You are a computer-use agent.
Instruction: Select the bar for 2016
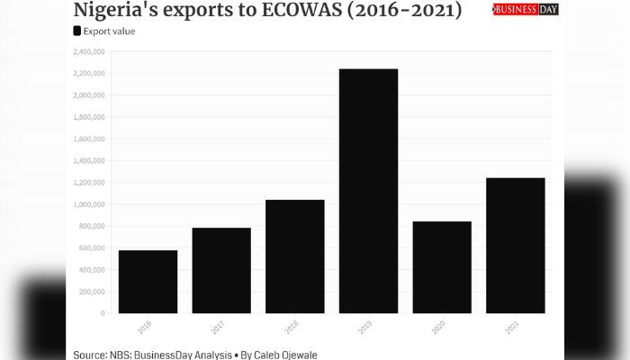click(x=148, y=282)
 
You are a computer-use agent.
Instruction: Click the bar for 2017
click(x=221, y=270)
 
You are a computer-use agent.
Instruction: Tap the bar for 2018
click(x=295, y=256)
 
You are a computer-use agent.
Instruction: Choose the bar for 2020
click(x=442, y=267)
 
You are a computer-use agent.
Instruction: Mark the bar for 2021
click(x=516, y=246)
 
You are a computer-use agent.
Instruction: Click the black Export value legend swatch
click(x=77, y=31)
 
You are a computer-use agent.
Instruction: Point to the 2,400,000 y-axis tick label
click(x=89, y=51)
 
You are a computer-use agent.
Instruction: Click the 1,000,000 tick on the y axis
click(x=89, y=204)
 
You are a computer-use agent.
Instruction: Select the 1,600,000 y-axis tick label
click(x=89, y=139)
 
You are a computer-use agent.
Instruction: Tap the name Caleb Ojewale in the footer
click(x=284, y=355)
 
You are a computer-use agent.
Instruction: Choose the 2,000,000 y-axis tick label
click(x=89, y=95)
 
